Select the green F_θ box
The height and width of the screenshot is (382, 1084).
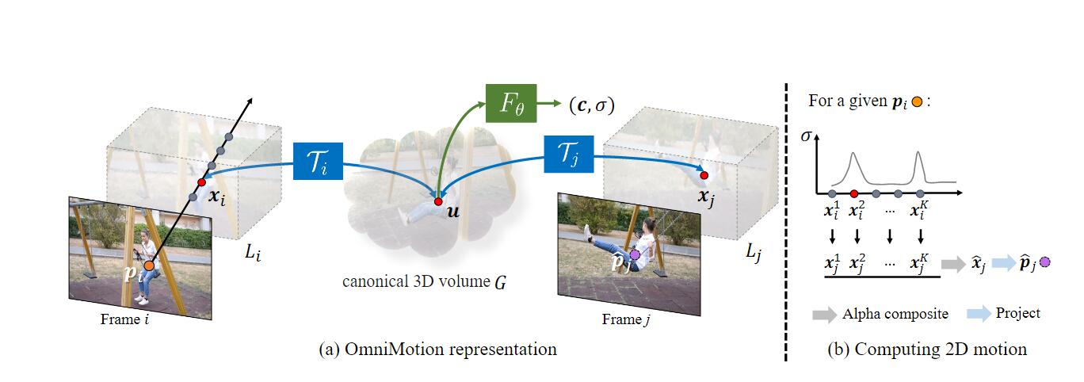[510, 104]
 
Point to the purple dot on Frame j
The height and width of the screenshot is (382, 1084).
[634, 255]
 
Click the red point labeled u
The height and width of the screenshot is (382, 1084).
[438, 202]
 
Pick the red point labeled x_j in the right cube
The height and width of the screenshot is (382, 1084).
[704, 174]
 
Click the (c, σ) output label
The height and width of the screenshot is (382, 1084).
[591, 105]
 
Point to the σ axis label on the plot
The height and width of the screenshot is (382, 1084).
[807, 136]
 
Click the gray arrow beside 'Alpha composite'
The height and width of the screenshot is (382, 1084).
[824, 315]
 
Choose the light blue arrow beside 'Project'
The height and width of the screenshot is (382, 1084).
[979, 314]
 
